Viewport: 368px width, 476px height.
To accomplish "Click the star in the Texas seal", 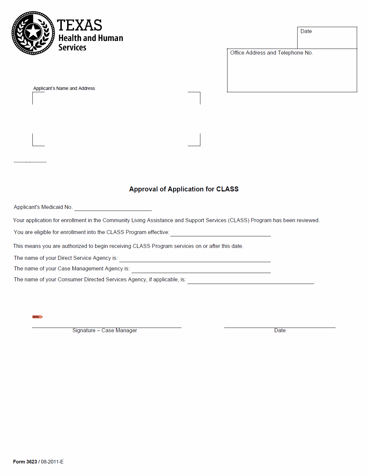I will tap(33, 32).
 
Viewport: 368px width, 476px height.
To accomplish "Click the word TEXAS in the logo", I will tap(79, 25).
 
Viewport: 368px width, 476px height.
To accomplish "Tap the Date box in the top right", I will tap(327, 38).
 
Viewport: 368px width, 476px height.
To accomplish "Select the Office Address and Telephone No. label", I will tap(271, 53).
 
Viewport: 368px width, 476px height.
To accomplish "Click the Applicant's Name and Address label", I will tap(64, 88).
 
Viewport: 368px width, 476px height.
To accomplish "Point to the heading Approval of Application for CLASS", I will tap(184, 189).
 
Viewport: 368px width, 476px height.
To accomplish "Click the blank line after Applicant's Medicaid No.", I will tap(113, 208).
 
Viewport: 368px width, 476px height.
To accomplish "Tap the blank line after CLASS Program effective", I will tap(220, 234).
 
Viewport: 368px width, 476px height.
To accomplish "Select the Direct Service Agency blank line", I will tap(195, 259).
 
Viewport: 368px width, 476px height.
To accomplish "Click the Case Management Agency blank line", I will tap(201, 270).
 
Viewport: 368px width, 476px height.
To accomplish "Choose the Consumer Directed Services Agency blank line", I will tap(251, 281).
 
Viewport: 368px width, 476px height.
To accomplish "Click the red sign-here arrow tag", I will tap(37, 317).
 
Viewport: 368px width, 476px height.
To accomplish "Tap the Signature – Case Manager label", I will tap(104, 331).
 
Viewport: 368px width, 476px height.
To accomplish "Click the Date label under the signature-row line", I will tap(280, 331).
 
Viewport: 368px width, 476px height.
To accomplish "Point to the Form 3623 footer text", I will tap(38, 462).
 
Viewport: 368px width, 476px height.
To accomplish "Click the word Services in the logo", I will tap(72, 48).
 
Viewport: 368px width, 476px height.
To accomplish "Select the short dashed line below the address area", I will tap(30, 162).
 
